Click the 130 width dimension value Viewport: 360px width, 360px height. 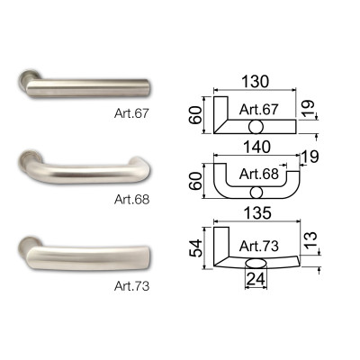click(255, 80)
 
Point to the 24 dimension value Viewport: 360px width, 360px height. click(256, 281)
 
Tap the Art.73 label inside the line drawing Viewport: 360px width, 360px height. click(259, 245)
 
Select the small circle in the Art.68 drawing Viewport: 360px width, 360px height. click(256, 193)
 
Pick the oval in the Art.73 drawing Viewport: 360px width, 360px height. click(256, 262)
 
